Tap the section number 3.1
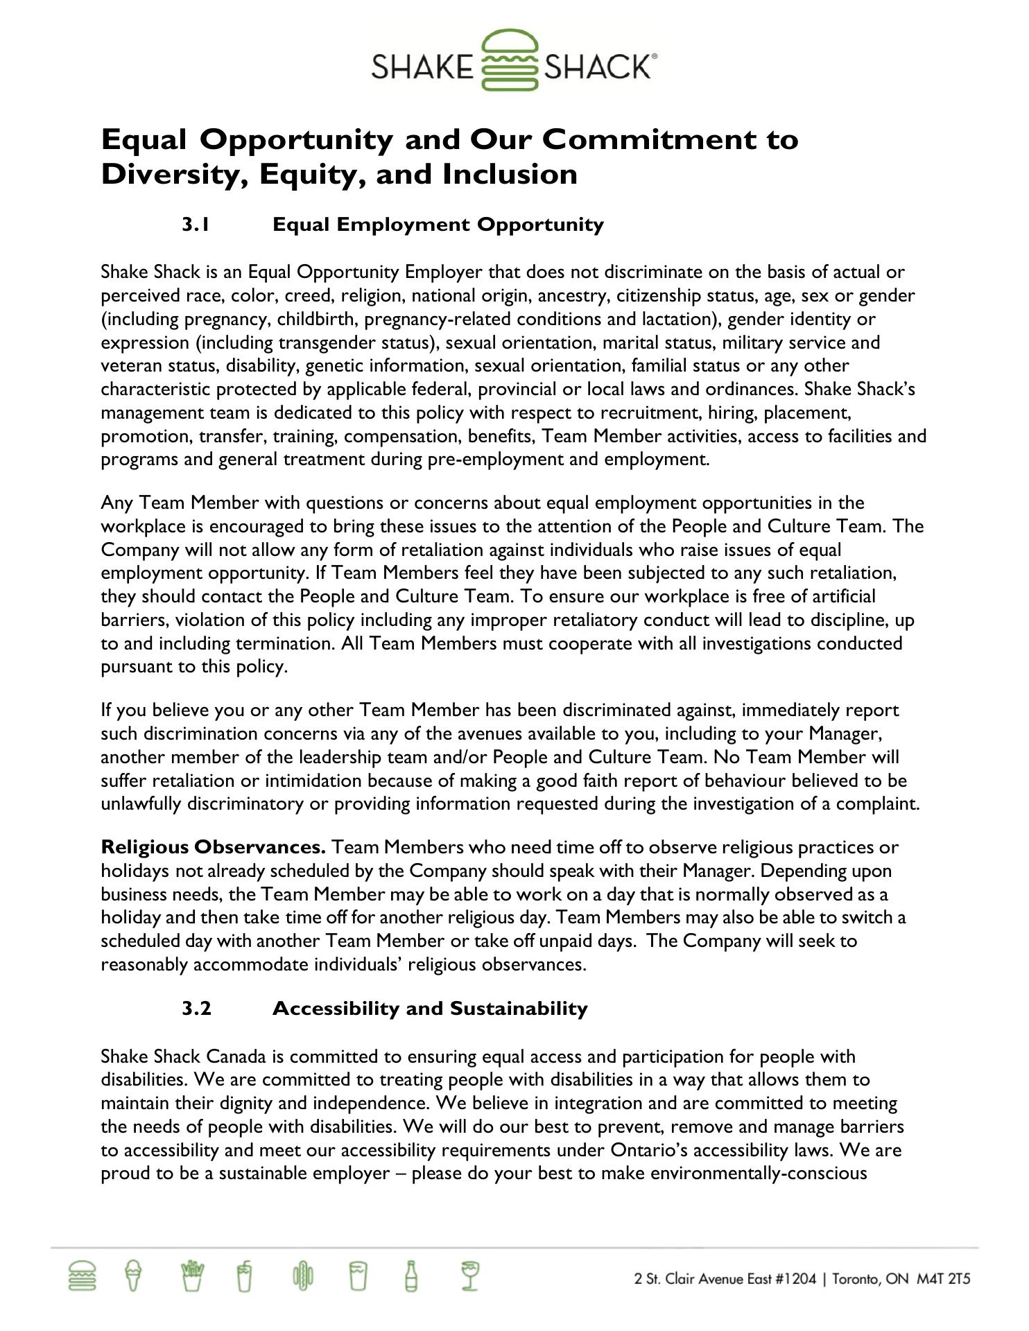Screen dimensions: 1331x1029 click(196, 225)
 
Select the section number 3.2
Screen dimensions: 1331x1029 click(196, 1008)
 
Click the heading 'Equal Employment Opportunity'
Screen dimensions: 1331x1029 click(438, 225)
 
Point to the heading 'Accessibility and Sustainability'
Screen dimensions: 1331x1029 click(430, 1008)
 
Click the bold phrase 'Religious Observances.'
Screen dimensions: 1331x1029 click(214, 847)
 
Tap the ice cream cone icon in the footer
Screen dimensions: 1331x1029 click(134, 1276)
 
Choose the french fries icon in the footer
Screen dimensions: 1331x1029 click(191, 1276)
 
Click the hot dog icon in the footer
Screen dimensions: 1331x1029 click(303, 1276)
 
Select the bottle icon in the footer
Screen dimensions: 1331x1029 click(411, 1276)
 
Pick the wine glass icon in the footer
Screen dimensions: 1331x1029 click(471, 1276)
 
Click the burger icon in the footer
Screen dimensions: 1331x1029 click(83, 1276)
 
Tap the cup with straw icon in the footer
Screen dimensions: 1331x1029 click(244, 1276)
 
